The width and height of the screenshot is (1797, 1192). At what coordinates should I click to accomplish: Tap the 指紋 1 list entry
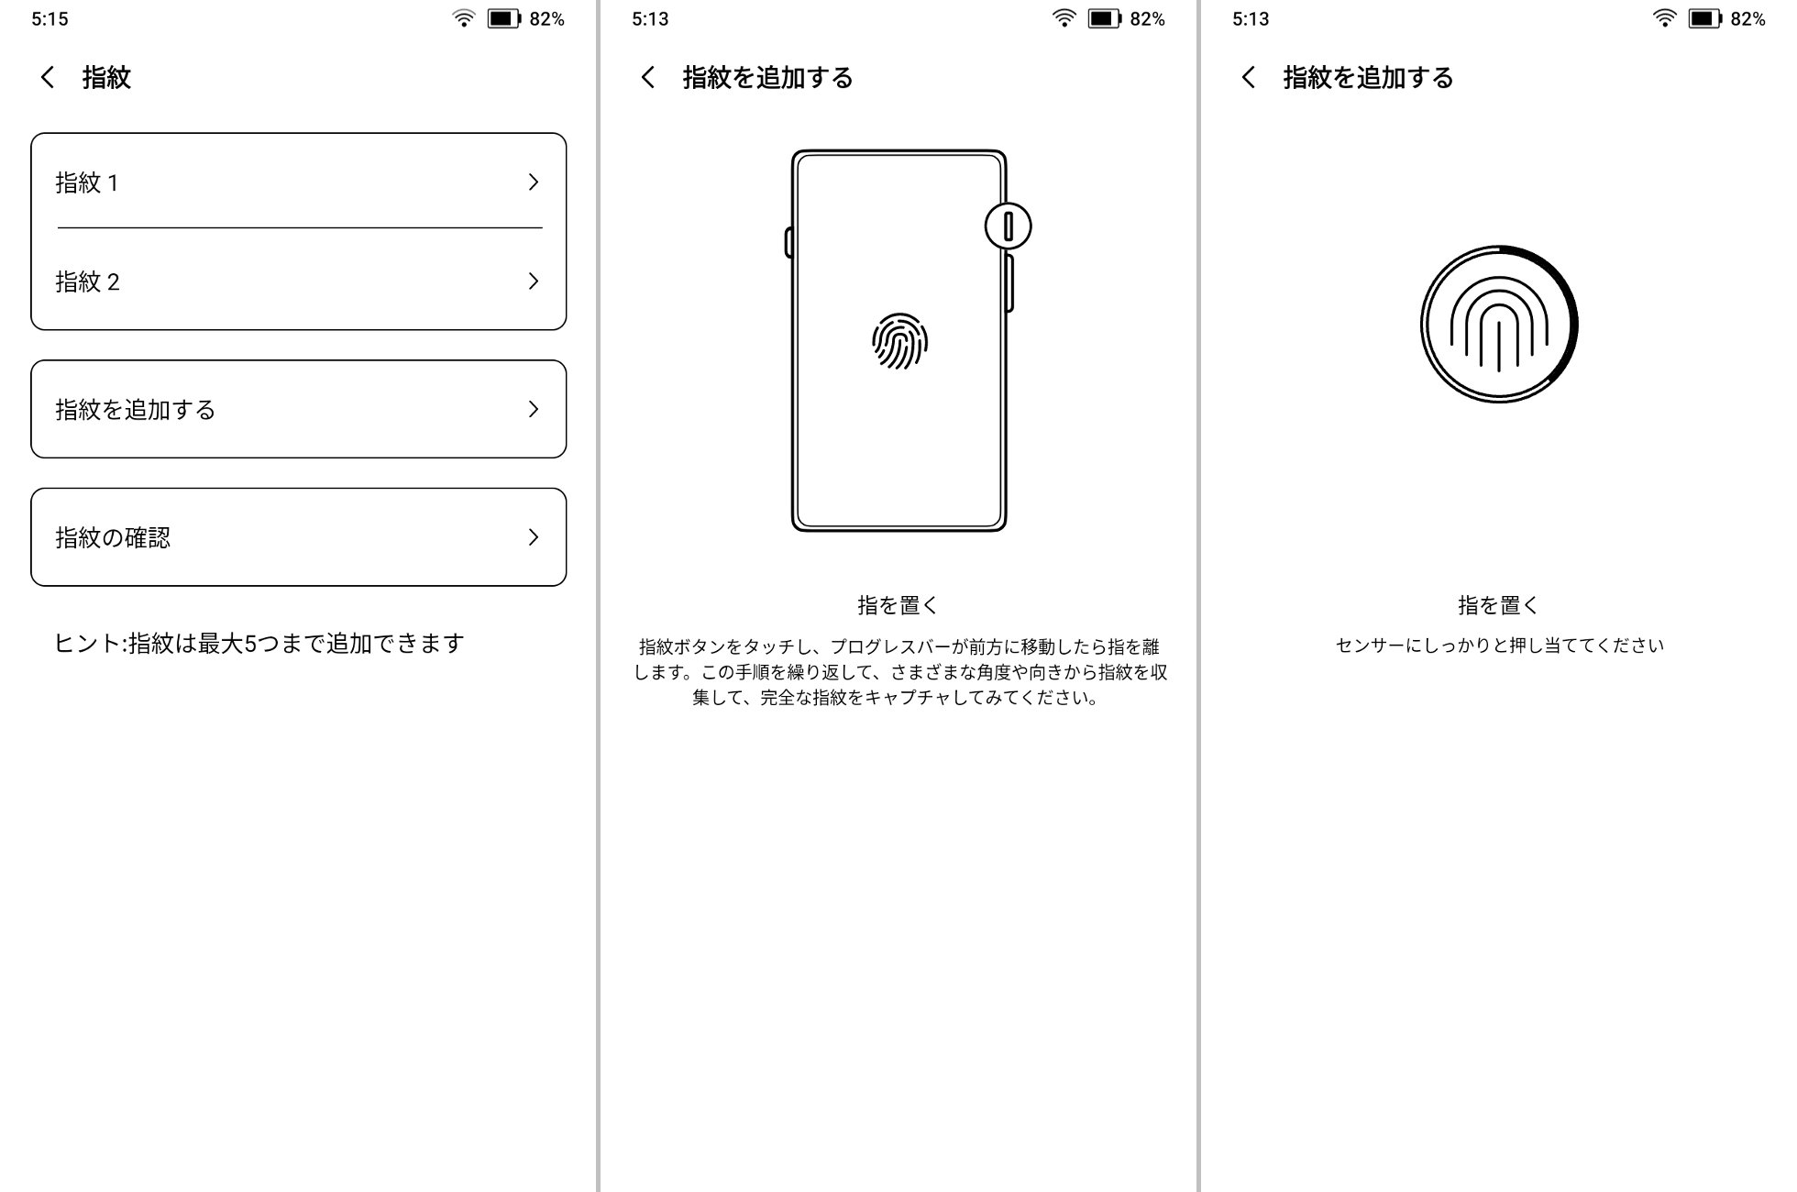[275, 182]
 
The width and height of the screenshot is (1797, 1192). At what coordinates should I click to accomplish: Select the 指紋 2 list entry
[275, 281]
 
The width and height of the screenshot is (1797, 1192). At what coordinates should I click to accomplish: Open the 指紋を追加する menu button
[298, 409]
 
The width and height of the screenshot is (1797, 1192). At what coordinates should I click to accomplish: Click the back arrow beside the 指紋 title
[48, 77]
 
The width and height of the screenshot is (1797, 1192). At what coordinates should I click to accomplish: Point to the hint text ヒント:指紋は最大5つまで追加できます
[259, 644]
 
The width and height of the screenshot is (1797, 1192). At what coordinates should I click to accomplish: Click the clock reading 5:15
[50, 19]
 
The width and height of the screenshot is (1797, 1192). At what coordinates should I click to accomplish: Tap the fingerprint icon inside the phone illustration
[899, 341]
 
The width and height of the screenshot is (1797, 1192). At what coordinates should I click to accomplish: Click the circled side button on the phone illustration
[1008, 226]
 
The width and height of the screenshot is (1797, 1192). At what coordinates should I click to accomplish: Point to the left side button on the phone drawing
[788, 243]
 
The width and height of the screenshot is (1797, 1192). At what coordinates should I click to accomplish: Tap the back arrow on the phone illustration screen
[648, 77]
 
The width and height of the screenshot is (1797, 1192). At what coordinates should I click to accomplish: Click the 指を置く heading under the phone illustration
[898, 605]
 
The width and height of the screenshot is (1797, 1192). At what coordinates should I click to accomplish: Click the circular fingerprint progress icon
[1498, 324]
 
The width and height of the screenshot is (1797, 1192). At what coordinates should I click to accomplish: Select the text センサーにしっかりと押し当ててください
[1499, 646]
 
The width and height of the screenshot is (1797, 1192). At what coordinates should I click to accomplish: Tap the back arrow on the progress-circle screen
[1248, 77]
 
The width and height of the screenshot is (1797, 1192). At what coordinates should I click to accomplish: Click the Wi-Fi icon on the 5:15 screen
[464, 18]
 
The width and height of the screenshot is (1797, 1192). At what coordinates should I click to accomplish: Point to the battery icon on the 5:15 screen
[503, 18]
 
